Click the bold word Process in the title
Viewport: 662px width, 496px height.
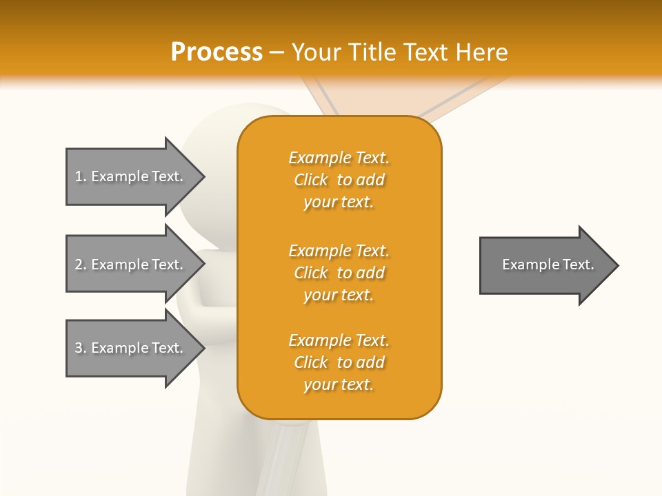[x=217, y=52]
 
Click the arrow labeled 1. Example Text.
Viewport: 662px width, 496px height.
[x=131, y=176]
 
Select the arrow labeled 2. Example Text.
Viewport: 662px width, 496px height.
[x=131, y=265]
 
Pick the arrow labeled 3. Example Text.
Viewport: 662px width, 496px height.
[x=131, y=348]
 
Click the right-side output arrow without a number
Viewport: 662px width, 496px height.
[x=545, y=265]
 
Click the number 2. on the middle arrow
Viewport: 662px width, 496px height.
[x=81, y=265]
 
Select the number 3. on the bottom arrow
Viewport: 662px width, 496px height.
[x=81, y=348]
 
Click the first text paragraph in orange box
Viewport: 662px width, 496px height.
[x=339, y=180]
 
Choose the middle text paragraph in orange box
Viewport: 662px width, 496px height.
[x=339, y=273]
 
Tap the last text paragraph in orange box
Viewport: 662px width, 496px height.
[x=339, y=362]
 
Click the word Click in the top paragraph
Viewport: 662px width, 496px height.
[x=310, y=180]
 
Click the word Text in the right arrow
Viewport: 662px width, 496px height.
[x=579, y=265]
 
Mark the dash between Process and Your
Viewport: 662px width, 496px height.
[x=277, y=52]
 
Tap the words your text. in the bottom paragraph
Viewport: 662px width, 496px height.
[x=339, y=384]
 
